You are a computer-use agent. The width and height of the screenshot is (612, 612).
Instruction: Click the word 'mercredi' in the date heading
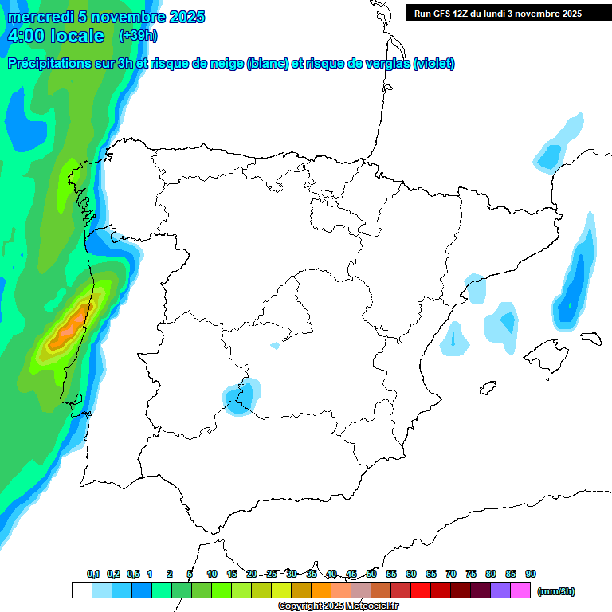pos(41,17)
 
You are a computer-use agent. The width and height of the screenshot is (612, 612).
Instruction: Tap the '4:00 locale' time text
pos(57,36)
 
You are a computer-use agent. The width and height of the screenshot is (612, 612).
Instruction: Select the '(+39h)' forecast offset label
pos(138,36)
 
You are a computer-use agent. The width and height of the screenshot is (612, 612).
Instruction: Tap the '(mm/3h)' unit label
pos(556,591)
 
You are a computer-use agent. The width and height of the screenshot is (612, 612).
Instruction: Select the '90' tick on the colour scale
pos(531,574)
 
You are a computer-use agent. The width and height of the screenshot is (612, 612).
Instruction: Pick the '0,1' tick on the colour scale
pos(93,574)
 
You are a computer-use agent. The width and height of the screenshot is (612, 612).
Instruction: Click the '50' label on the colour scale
pos(371,574)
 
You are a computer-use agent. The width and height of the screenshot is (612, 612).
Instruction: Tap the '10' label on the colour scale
pos(212,574)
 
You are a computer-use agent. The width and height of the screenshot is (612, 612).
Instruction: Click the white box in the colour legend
pos(81,590)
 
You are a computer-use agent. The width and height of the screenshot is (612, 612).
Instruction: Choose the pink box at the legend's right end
pos(520,590)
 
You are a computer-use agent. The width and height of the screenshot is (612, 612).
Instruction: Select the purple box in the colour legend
pos(500,590)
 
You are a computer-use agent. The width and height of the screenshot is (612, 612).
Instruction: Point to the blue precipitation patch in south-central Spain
pos(241,395)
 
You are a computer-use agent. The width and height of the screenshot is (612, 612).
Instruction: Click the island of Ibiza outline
pos(488,389)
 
